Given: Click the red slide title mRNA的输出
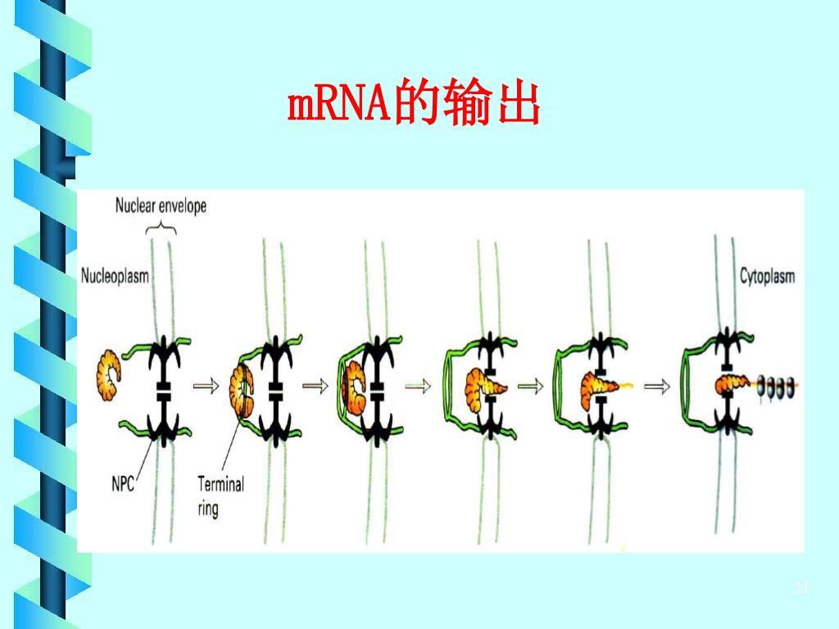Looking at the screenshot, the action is [x=413, y=106].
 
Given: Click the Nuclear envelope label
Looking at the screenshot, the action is [x=161, y=206].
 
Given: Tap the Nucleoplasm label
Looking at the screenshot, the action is [x=115, y=276].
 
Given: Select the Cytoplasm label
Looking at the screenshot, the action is [x=767, y=276].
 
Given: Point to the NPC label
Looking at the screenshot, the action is [x=123, y=482].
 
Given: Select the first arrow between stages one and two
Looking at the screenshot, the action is [x=206, y=384].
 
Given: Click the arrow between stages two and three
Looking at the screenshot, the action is [x=315, y=384].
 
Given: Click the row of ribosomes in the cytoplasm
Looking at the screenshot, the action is [x=775, y=385].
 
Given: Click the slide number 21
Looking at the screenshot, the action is [x=801, y=588].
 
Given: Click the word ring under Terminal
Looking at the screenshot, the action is [x=207, y=509].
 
